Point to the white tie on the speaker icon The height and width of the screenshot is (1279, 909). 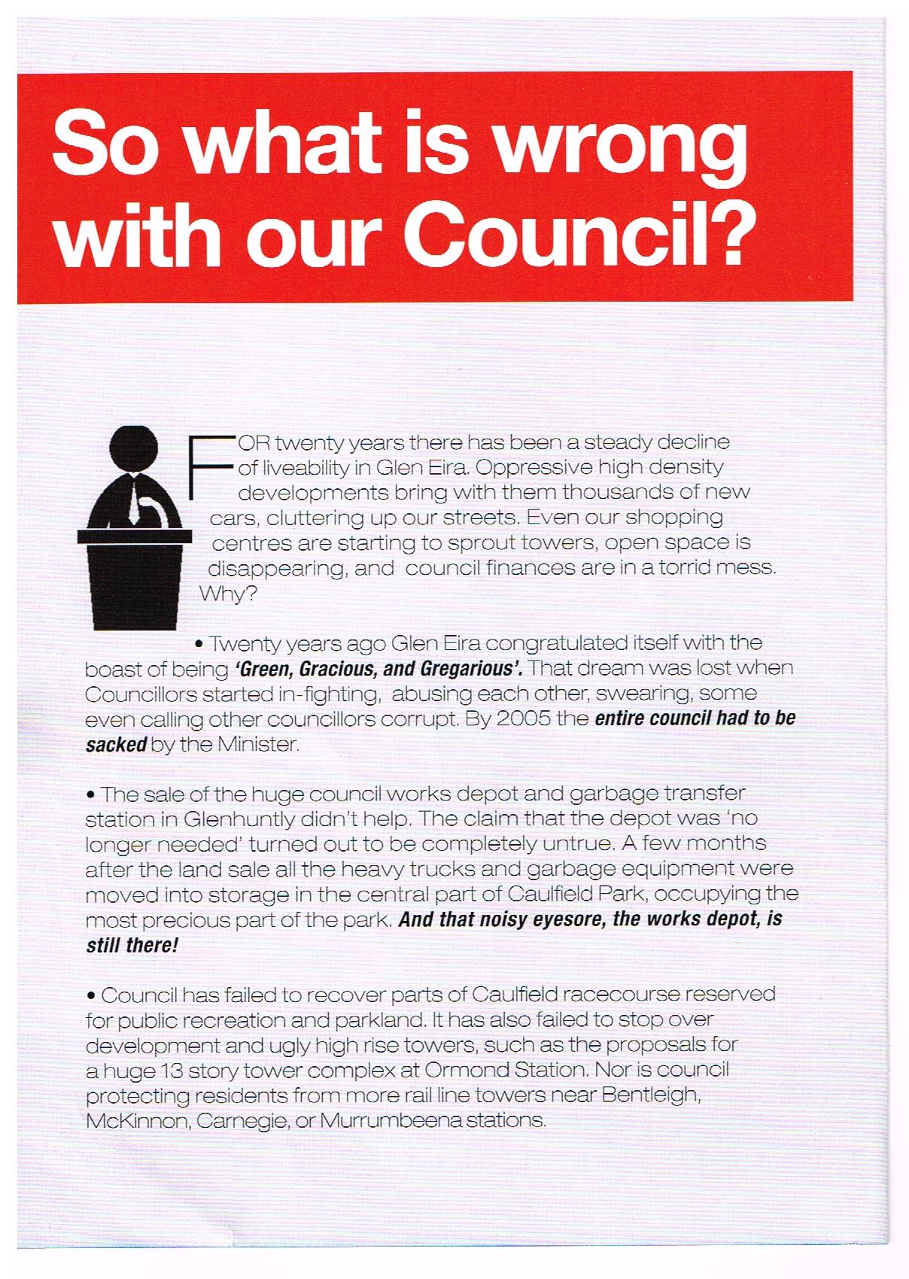tap(132, 503)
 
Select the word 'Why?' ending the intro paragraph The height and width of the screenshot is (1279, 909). tap(228, 594)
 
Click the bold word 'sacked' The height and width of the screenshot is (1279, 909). tap(115, 745)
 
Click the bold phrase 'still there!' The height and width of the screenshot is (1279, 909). tap(132, 945)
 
